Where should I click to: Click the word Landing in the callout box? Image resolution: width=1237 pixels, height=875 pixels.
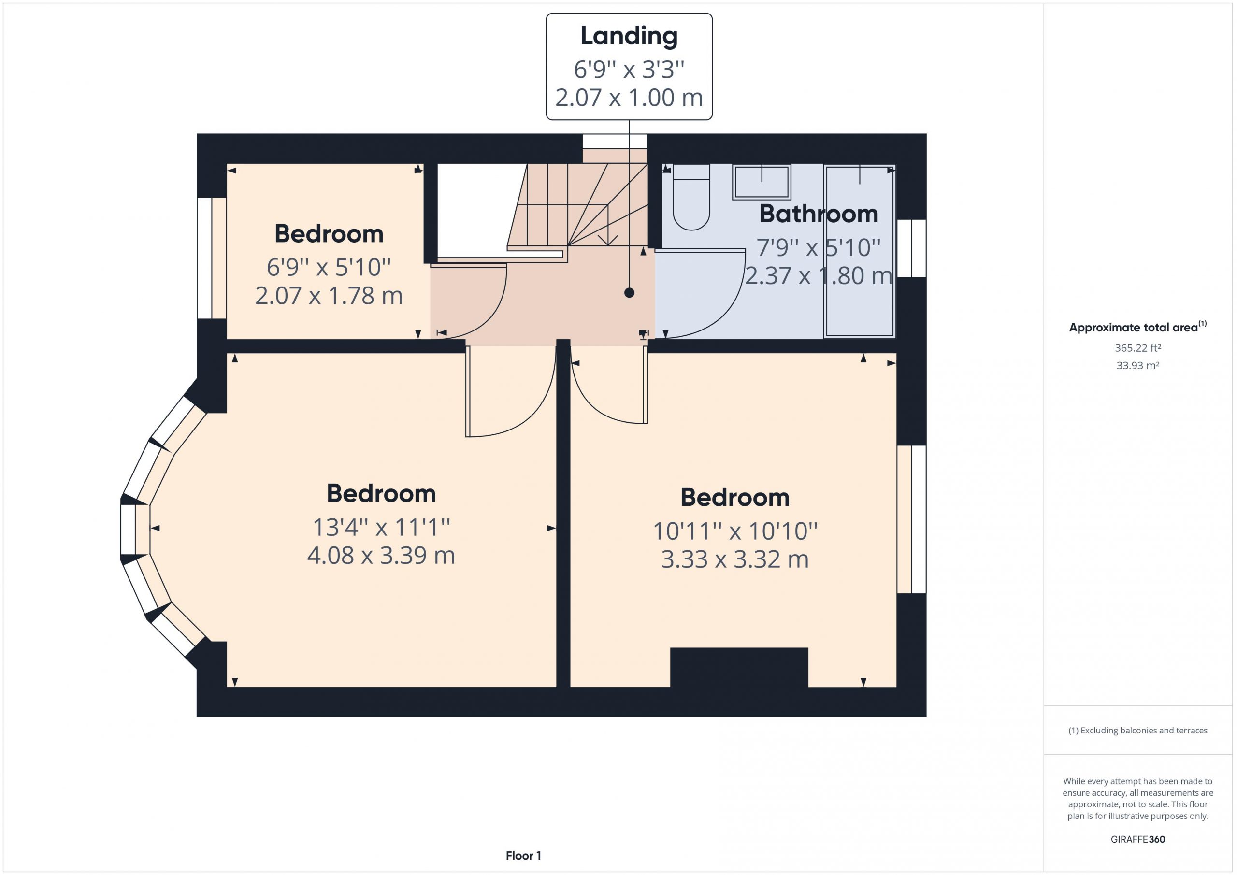pos(629,37)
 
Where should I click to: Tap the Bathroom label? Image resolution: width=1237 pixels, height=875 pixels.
pos(819,214)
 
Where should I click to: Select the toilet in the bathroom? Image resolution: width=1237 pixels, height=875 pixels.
pos(691,197)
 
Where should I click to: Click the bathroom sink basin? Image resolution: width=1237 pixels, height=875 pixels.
pos(761,182)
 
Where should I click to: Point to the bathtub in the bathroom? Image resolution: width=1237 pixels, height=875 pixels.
pos(859,251)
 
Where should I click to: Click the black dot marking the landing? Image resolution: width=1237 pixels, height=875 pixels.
pos(629,293)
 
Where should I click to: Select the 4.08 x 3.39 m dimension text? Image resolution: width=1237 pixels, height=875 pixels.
pos(381,556)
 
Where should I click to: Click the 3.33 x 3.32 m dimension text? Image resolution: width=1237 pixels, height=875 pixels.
pos(735,559)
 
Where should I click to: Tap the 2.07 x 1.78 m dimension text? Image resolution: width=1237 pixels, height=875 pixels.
pos(329,296)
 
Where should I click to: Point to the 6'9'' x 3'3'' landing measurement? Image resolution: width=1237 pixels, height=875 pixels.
pos(629,70)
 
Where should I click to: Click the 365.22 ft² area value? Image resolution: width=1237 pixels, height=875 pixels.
pos(1138,348)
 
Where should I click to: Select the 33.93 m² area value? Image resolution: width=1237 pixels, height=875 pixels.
pos(1138,365)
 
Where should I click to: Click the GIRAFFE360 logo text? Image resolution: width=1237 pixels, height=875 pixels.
pos(1138,839)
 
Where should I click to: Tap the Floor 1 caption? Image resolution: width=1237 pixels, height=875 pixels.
pos(523,855)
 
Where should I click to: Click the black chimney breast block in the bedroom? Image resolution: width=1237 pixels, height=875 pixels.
pos(739,667)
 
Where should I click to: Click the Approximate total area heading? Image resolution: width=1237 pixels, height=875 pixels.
pos(1138,327)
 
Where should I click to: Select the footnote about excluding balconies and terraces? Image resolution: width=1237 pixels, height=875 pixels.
pos(1138,730)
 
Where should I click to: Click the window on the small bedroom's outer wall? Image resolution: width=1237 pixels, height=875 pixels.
pos(211,258)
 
